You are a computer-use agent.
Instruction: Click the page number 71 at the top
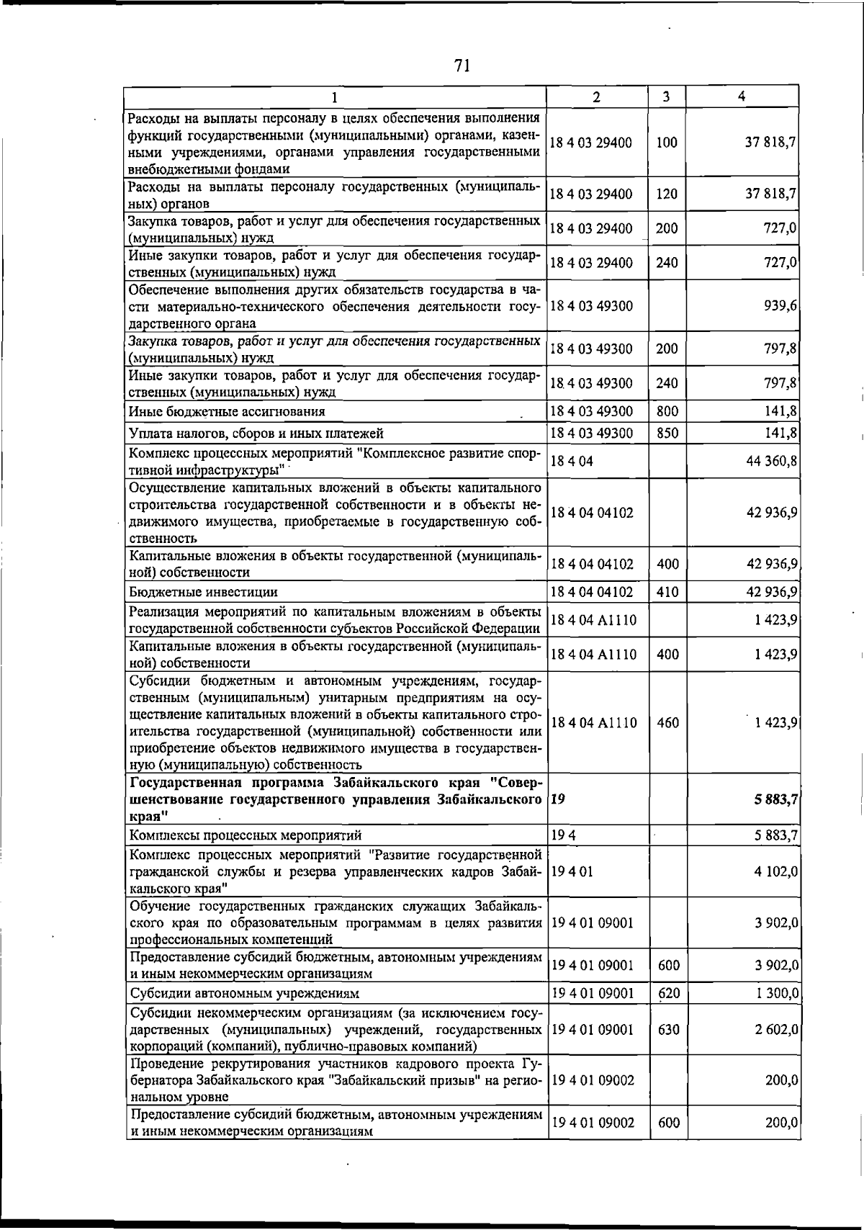(462, 66)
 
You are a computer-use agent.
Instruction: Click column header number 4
(742, 96)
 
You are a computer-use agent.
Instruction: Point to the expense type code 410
(667, 592)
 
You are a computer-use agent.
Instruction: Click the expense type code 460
(667, 723)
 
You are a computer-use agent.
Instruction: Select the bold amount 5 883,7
(771, 799)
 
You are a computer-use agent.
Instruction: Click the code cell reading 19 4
(563, 835)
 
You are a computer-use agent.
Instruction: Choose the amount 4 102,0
(776, 871)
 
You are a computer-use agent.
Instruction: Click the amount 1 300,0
(776, 994)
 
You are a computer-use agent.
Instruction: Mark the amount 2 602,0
(776, 1030)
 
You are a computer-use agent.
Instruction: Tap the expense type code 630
(668, 1030)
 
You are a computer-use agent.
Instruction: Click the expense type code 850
(667, 433)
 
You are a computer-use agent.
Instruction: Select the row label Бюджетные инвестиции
(203, 592)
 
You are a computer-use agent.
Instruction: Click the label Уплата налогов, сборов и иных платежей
(256, 433)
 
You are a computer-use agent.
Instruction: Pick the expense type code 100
(667, 143)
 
